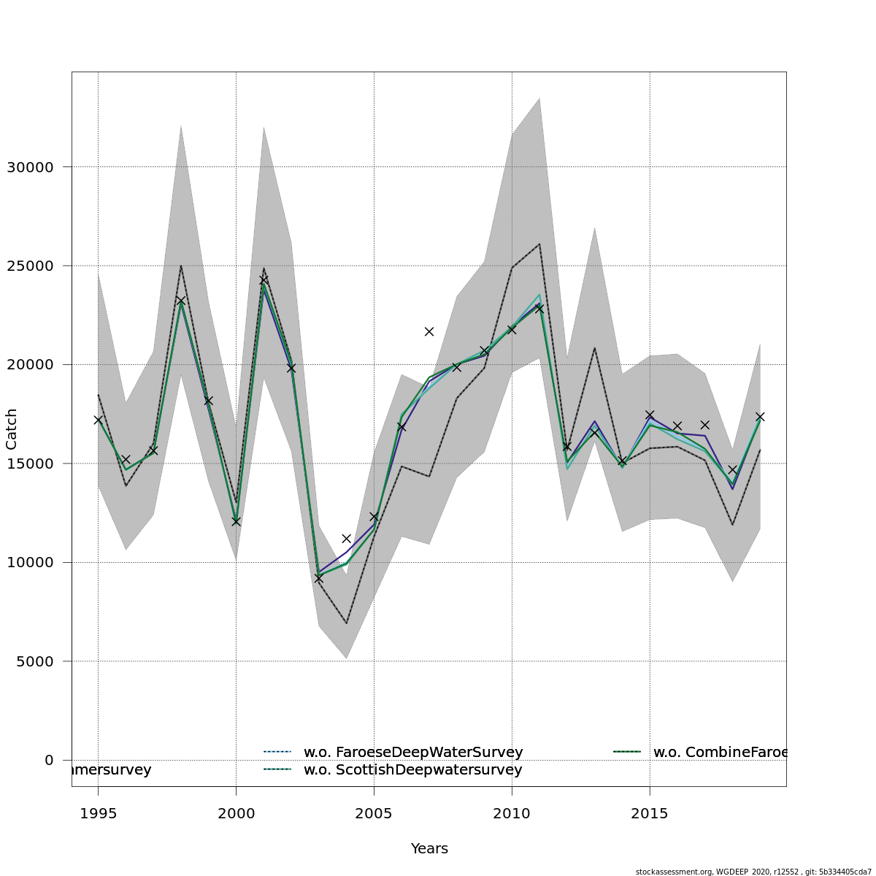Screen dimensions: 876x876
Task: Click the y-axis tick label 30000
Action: [30, 167]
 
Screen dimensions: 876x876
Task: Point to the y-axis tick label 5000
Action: [34, 661]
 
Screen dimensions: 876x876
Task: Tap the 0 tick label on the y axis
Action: [49, 760]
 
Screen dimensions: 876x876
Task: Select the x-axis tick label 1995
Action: [98, 814]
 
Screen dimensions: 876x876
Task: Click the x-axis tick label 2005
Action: [374, 814]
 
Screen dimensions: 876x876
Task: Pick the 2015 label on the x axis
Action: [649, 814]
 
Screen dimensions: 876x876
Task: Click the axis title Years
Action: [429, 849]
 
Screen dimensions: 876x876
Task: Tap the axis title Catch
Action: [12, 429]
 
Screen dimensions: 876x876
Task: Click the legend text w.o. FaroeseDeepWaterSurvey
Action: [413, 752]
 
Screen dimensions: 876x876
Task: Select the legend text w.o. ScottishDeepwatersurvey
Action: [412, 770]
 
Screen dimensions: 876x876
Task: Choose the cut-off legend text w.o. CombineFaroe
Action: [720, 752]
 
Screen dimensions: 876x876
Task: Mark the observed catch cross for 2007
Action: [429, 331]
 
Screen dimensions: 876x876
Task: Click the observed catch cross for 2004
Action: [346, 539]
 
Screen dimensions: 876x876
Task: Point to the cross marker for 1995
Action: [98, 420]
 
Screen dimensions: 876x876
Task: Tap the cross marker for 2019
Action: [760, 416]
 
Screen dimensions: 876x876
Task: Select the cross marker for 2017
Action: [704, 425]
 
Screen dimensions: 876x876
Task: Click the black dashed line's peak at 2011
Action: [539, 244]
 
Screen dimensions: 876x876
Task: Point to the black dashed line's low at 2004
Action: [346, 623]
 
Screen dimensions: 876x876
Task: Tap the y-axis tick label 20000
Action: [30, 365]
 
